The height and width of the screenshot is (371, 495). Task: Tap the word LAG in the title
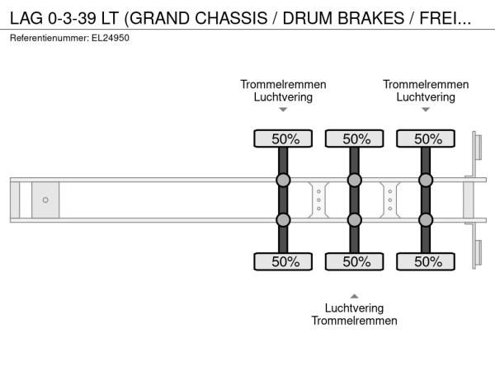pyautogui.click(x=28, y=17)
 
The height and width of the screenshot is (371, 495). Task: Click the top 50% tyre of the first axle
pyautogui.click(x=283, y=139)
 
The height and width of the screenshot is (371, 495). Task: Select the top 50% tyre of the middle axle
pyautogui.click(x=355, y=139)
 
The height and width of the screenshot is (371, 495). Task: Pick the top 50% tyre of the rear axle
pyautogui.click(x=426, y=139)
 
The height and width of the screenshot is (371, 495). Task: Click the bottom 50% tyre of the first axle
pyautogui.click(x=283, y=262)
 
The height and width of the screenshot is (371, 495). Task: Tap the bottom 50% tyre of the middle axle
pyautogui.click(x=355, y=262)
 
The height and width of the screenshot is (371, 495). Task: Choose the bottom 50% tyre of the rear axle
pyautogui.click(x=426, y=262)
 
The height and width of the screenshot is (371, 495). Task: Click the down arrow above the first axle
pyautogui.click(x=283, y=110)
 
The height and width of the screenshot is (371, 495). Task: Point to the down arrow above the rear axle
pyautogui.click(x=426, y=110)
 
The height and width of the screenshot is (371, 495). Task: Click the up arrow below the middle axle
pyautogui.click(x=355, y=295)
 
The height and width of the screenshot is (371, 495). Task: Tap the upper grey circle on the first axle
pyautogui.click(x=283, y=181)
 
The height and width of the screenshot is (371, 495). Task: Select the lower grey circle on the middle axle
pyautogui.click(x=355, y=220)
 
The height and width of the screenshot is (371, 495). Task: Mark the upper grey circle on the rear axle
pyautogui.click(x=426, y=181)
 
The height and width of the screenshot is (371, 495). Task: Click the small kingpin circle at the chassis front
pyautogui.click(x=45, y=200)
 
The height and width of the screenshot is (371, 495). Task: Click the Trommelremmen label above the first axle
pyautogui.click(x=283, y=84)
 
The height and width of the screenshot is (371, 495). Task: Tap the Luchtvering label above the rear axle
pyautogui.click(x=426, y=96)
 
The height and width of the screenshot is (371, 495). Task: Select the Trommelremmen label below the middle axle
pyautogui.click(x=355, y=321)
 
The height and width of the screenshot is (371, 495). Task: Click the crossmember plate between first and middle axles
pyautogui.click(x=318, y=200)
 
